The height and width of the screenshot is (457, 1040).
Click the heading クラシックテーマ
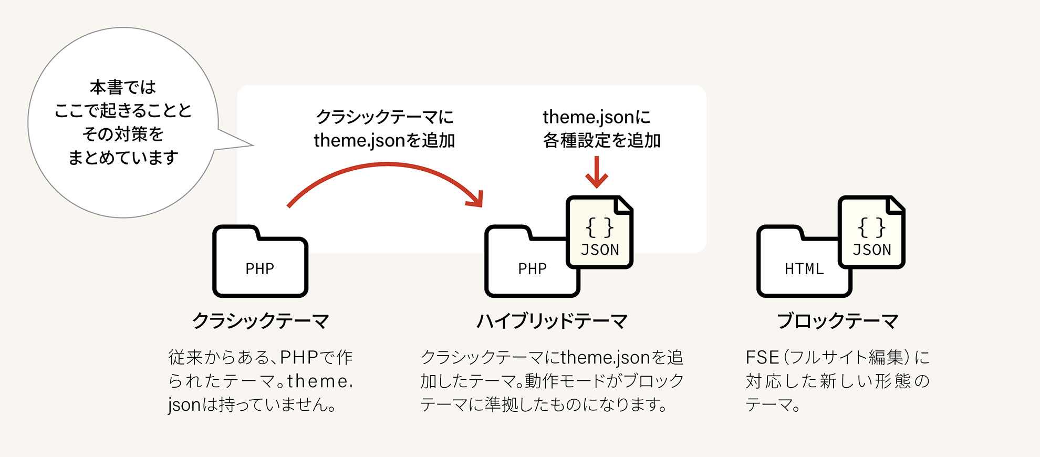pos(261,320)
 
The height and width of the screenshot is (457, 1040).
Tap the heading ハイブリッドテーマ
pos(552,320)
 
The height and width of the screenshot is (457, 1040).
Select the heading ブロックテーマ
pos(837,320)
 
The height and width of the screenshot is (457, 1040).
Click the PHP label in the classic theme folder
pos(260,269)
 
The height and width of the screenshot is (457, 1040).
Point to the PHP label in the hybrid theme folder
pos(532,269)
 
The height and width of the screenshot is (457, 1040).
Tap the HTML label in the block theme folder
pos(804,269)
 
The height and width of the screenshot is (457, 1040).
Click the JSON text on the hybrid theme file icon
pos(600,250)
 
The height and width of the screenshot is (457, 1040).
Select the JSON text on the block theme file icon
pos(872,250)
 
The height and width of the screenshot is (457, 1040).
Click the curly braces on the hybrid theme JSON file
pos(600,227)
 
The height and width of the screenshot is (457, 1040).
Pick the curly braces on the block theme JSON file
pos(872,227)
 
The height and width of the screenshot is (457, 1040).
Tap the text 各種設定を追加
pos(601,141)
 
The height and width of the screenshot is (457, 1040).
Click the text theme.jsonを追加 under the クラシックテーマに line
pos(384,141)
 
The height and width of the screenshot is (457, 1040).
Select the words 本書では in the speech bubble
pos(123,87)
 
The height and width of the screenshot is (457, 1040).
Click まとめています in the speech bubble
pos(123,158)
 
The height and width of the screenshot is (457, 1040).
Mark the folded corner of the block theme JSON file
pos(896,204)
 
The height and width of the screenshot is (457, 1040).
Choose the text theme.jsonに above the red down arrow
pos(597,117)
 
